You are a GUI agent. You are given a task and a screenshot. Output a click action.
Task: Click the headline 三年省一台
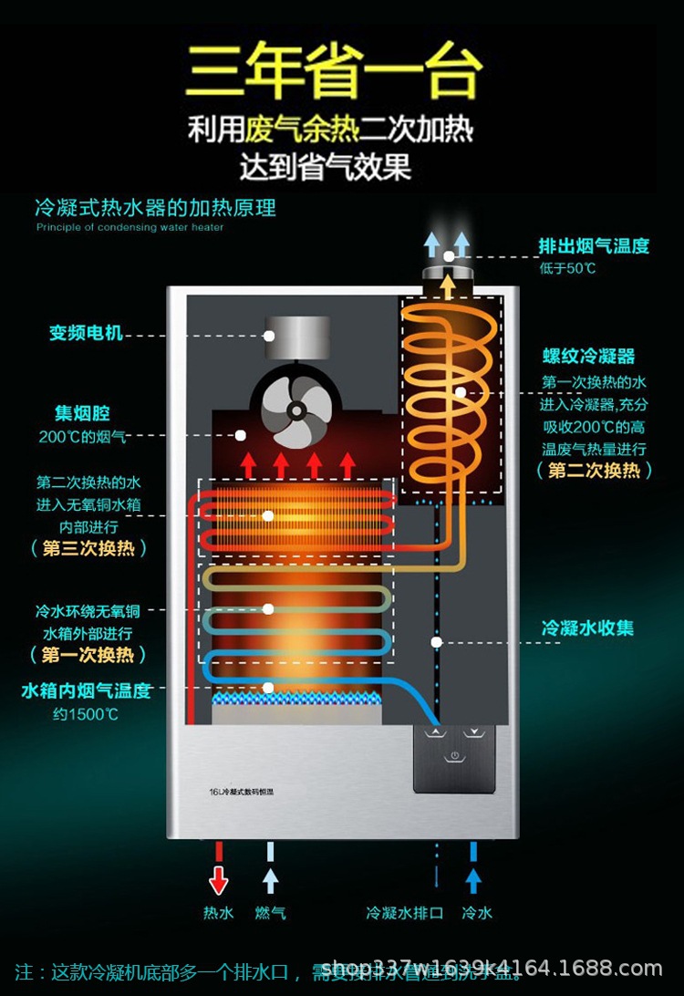[333, 71]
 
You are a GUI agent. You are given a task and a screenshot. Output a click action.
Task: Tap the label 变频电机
[86, 333]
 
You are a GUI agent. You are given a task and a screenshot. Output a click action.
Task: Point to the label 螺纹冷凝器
[588, 356]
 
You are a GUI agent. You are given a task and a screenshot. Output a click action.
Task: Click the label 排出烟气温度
[593, 245]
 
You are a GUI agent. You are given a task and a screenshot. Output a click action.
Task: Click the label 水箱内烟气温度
[86, 690]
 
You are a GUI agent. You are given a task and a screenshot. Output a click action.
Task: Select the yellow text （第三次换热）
[88, 549]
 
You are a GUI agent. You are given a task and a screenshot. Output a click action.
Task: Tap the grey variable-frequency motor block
[296, 336]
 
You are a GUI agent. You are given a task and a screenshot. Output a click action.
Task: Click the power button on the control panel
[454, 756]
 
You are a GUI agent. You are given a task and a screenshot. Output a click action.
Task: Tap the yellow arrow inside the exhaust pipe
[447, 285]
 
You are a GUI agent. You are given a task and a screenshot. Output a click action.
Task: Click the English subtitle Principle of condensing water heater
[130, 227]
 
